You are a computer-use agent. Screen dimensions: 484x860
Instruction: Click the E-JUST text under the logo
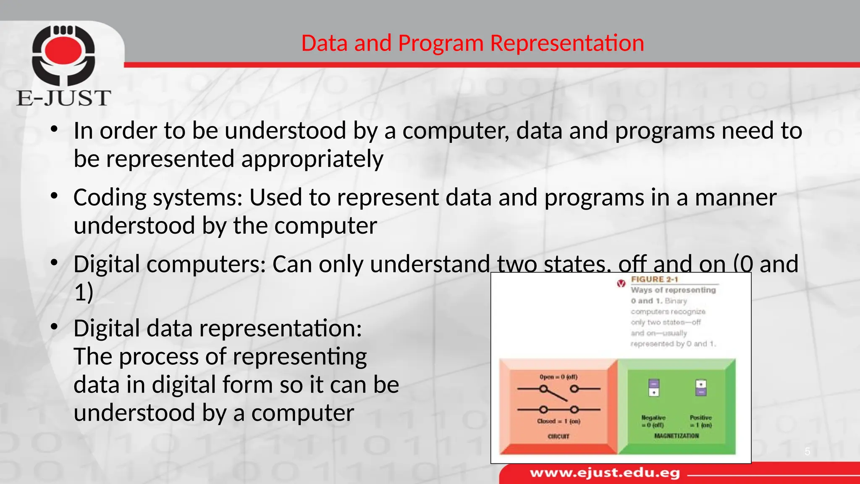click(x=64, y=98)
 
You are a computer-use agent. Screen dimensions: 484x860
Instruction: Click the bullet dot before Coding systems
click(x=54, y=196)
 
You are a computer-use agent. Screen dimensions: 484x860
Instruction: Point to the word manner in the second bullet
click(x=735, y=197)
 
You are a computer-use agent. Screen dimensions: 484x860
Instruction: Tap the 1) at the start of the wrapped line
click(x=84, y=292)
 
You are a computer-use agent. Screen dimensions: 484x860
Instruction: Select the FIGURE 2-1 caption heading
click(x=654, y=279)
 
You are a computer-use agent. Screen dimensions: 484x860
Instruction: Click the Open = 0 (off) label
click(x=558, y=377)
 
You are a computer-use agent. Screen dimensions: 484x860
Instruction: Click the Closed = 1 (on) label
click(x=558, y=421)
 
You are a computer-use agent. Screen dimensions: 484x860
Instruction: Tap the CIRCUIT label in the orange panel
click(x=558, y=437)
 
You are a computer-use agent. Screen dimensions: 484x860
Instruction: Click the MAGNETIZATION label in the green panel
click(x=676, y=436)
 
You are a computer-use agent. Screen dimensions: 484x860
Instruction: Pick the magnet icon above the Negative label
click(x=654, y=387)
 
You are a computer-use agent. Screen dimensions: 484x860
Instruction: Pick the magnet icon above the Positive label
click(x=700, y=387)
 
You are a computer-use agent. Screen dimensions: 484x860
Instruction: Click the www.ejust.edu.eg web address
click(x=605, y=473)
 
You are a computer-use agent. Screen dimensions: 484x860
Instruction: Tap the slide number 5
click(x=807, y=452)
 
